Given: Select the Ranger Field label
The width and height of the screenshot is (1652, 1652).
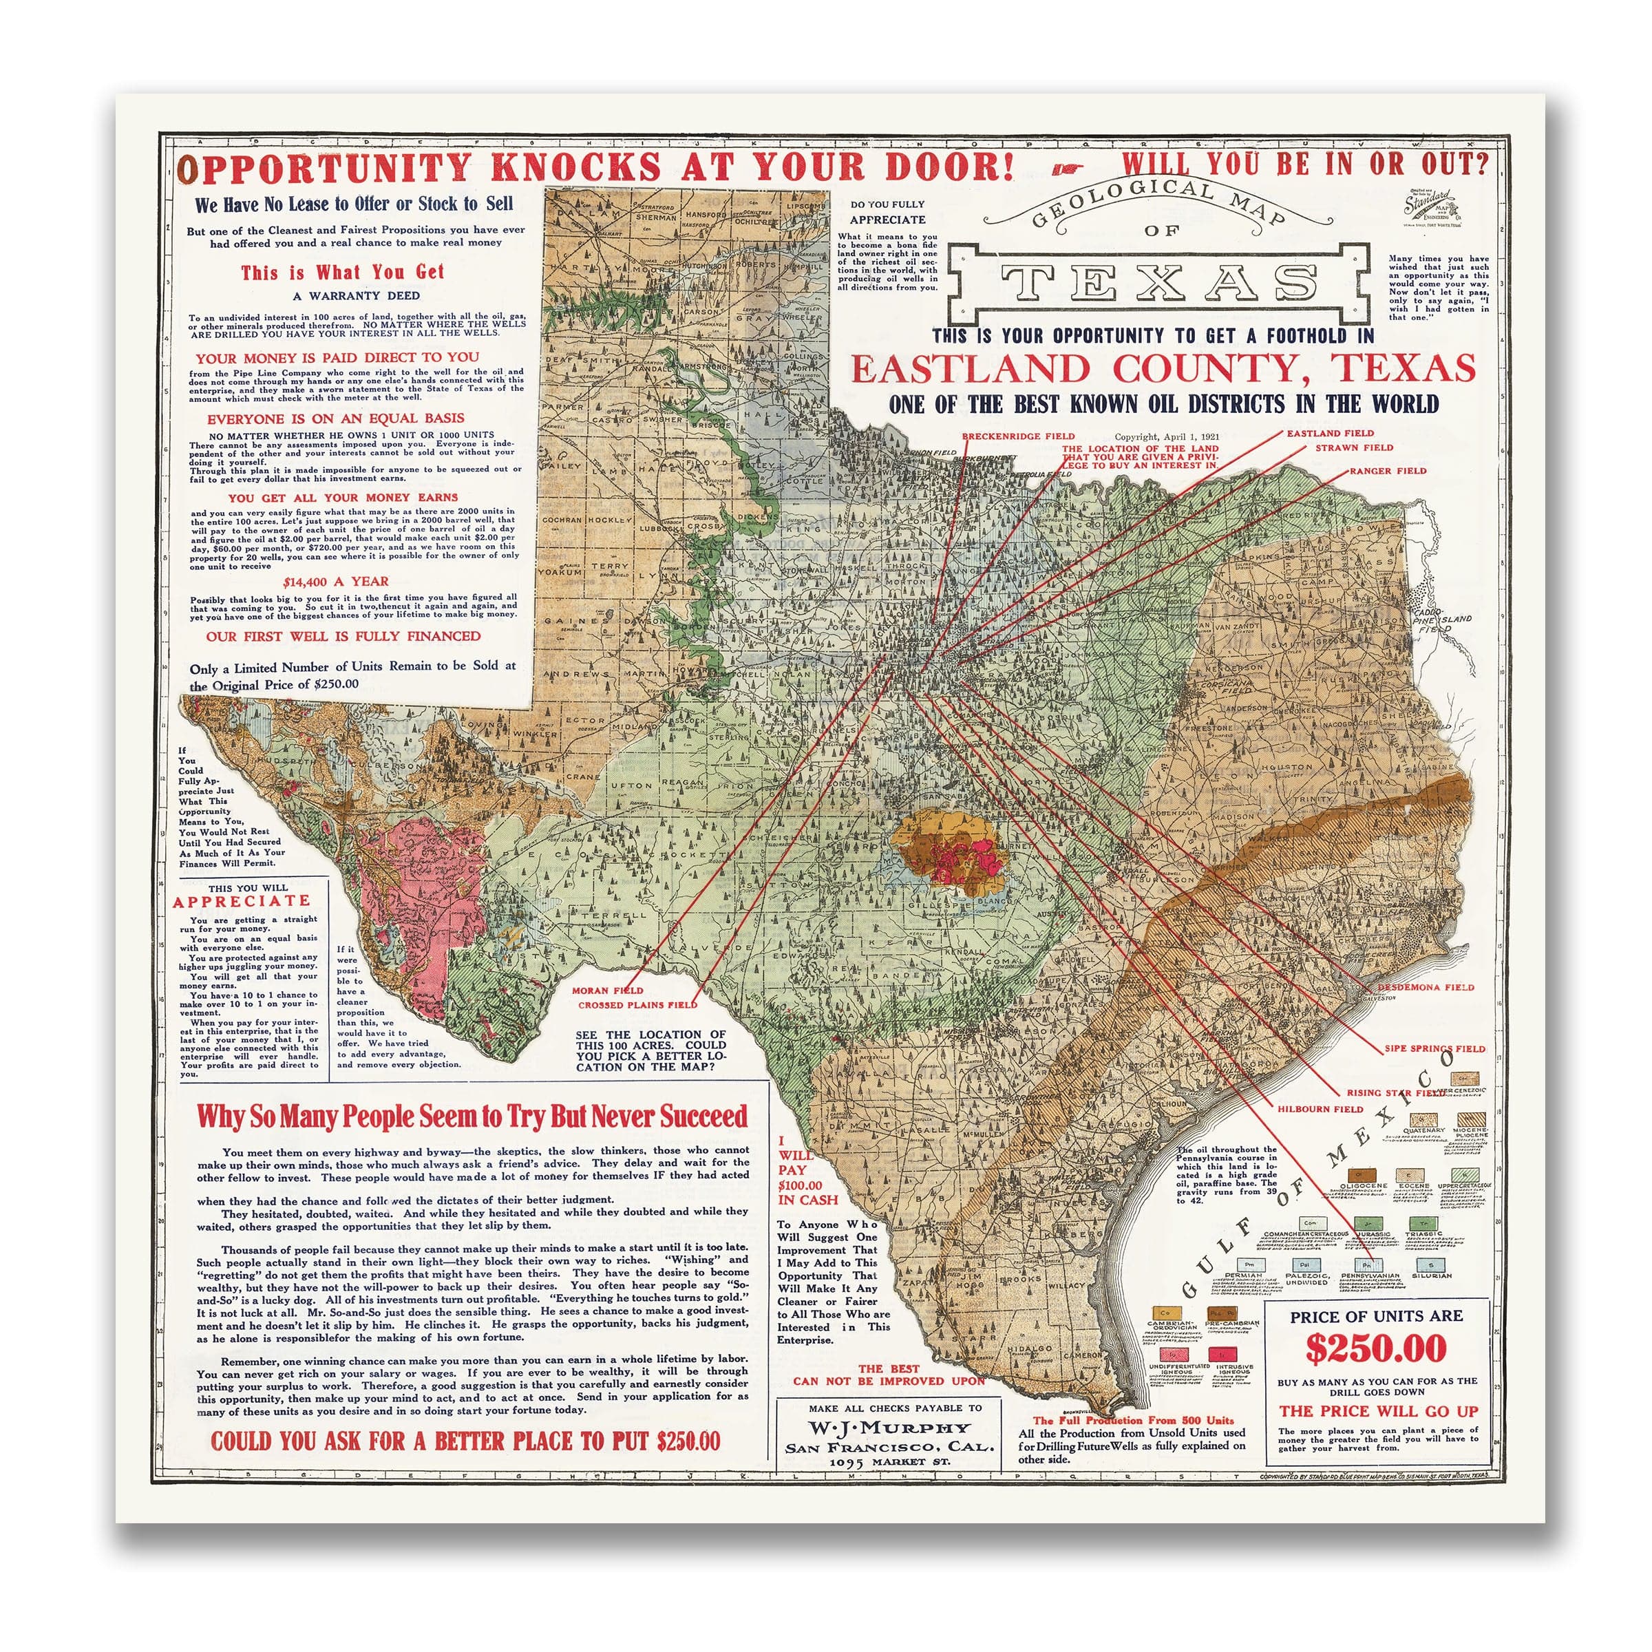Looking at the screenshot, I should (x=1388, y=470).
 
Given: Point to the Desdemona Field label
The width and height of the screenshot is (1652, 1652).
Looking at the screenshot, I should (x=1425, y=987).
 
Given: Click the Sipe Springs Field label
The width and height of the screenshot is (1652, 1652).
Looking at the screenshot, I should (x=1434, y=1048).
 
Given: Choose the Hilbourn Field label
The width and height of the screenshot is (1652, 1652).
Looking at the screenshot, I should (x=1320, y=1109).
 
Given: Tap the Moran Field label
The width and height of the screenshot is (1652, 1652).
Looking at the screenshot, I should (x=607, y=991).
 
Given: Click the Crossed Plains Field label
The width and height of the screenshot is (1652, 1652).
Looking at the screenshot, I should (x=637, y=1005).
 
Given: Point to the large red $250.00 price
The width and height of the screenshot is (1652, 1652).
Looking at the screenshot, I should (x=1376, y=1348).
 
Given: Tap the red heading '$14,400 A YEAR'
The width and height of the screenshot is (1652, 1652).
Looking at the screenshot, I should (x=335, y=582).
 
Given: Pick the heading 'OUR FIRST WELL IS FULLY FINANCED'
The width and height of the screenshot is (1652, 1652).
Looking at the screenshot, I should (x=343, y=636).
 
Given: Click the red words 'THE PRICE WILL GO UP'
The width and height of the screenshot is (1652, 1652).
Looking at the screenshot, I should (x=1378, y=1411).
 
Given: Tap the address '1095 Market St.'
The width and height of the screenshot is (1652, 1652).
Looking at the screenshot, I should (x=889, y=1461).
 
